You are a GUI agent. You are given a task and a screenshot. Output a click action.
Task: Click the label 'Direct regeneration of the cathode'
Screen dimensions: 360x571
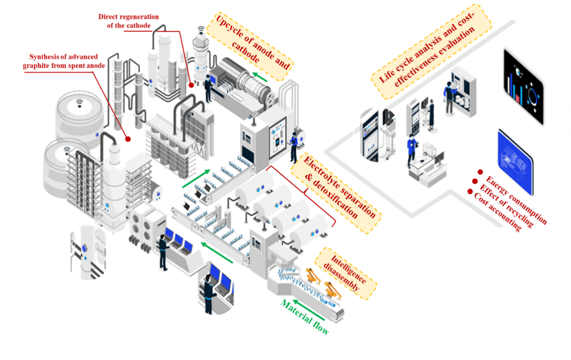(128, 21)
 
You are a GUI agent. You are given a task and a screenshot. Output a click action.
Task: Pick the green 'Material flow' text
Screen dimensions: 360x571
(305, 317)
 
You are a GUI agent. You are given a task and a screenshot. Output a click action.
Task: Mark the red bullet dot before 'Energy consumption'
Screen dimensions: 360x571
(480, 172)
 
